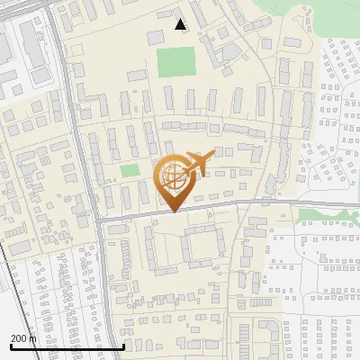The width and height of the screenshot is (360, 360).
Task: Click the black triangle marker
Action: coord(181,24)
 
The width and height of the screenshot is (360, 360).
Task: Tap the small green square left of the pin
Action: coord(130,170)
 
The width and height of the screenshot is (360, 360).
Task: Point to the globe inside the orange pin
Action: coord(172,175)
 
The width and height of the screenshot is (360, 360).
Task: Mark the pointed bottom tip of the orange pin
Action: coord(172,211)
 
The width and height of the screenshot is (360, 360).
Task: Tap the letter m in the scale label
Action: coord(33,337)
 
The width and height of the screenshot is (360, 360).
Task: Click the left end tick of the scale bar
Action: coord(10,346)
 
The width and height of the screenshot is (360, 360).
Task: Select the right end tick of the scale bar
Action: coord(122,346)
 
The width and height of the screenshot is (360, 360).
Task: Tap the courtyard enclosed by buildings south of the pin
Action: coord(201,245)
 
